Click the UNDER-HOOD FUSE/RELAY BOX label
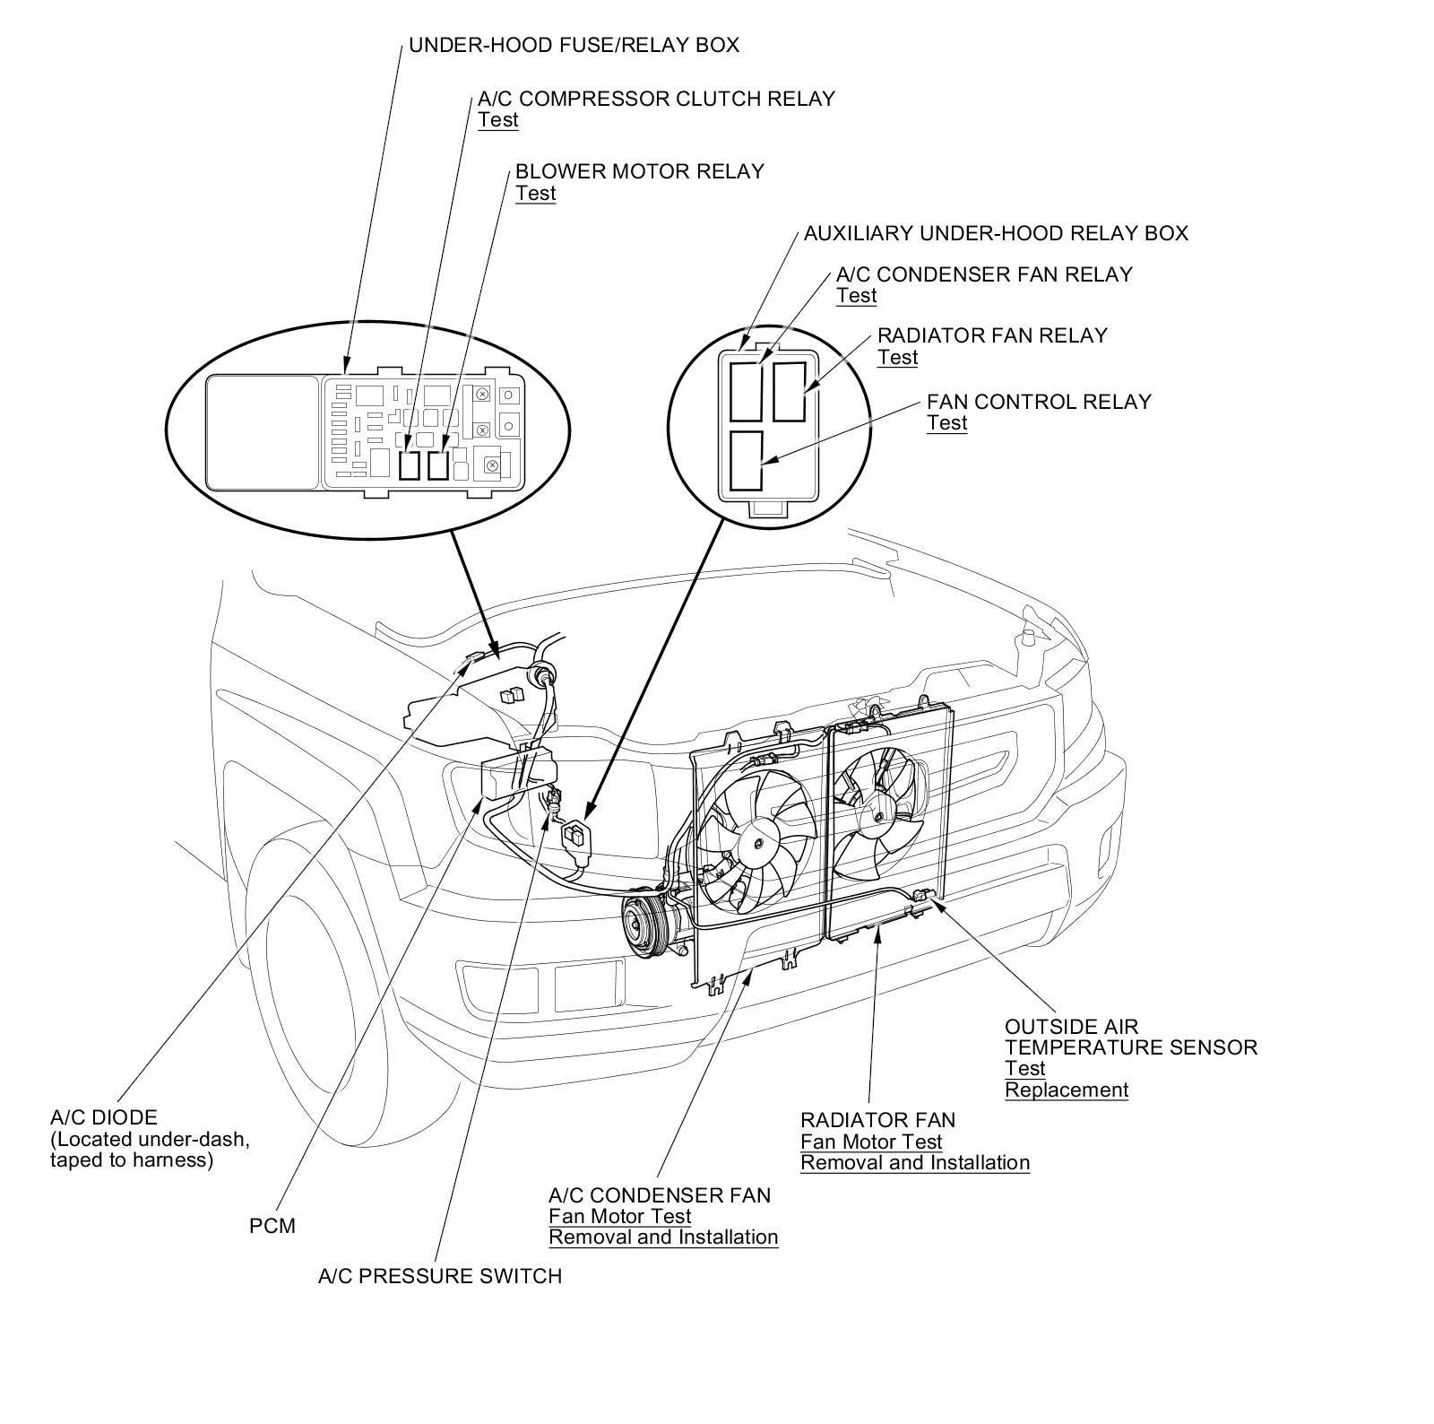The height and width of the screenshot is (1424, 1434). coord(574,45)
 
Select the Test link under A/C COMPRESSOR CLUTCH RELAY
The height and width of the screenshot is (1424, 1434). coord(498,120)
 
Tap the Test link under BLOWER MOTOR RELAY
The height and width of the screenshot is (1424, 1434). coord(536,194)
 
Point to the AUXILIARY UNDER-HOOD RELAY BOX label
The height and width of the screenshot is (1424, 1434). coord(996,234)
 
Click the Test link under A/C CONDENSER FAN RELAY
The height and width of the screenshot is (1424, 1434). coord(857,296)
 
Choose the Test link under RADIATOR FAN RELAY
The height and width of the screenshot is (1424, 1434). coord(898,358)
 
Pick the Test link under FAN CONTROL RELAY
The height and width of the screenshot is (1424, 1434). coord(947,423)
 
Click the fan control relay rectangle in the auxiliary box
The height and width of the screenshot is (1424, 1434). coord(747,461)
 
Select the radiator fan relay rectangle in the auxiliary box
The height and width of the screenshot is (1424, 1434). coord(790,392)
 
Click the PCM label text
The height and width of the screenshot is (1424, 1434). coord(272,1226)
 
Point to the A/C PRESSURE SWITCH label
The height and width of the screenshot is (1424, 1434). coord(440,1276)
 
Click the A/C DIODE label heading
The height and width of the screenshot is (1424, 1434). coord(104,1117)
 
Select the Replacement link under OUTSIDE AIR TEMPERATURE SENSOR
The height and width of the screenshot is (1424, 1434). coord(1067,1090)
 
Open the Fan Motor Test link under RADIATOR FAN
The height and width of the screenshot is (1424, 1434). coord(871,1142)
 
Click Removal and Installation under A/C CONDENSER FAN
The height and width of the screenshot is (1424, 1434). coord(663,1237)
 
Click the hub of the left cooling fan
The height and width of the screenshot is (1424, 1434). coord(759,844)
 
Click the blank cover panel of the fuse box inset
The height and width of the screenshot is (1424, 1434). coord(262,431)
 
